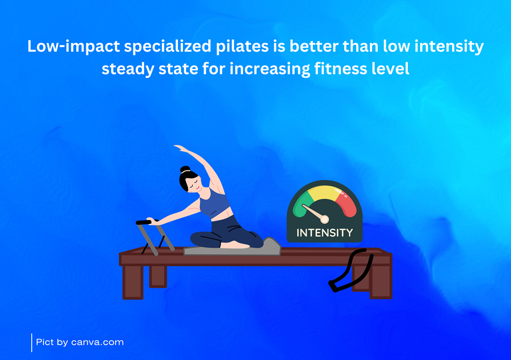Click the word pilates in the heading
pyautogui.click(x=242, y=47)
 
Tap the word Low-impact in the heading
pyautogui.click(x=74, y=47)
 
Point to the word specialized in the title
pyautogui.click(x=168, y=47)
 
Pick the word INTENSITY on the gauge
pyautogui.click(x=324, y=233)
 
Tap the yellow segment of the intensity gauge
pyautogui.click(x=324, y=192)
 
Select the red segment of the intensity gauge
pyautogui.click(x=346, y=205)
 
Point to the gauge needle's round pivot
pyautogui.click(x=324, y=219)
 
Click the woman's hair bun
pyautogui.click(x=185, y=169)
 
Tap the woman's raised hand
pyautogui.click(x=180, y=148)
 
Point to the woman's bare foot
pyautogui.click(x=235, y=244)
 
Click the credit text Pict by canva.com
pyautogui.click(x=80, y=342)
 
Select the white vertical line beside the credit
pyautogui.click(x=32, y=343)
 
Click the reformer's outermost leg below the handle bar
pyautogui.click(x=133, y=282)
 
